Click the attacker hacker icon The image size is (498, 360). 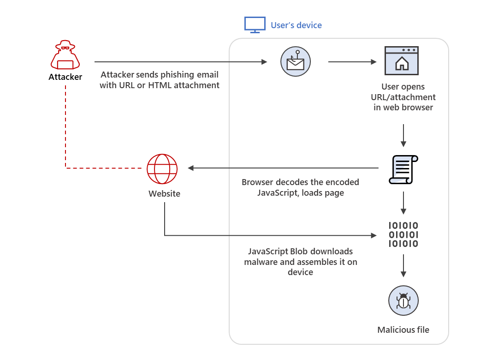[x=65, y=55]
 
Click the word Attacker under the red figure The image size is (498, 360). [x=65, y=77]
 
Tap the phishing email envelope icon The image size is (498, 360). [x=296, y=61]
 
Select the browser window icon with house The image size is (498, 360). [x=402, y=60]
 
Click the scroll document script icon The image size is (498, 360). [x=403, y=169]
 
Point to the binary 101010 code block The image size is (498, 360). [x=403, y=234]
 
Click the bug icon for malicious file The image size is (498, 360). [x=403, y=300]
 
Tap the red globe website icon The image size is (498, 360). [x=162, y=169]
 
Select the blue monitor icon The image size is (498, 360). [x=255, y=25]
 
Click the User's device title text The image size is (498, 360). [x=296, y=25]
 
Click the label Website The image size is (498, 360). [x=164, y=194]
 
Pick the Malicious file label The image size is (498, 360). [x=403, y=330]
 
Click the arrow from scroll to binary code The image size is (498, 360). [x=403, y=202]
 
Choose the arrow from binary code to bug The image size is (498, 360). [x=403, y=266]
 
